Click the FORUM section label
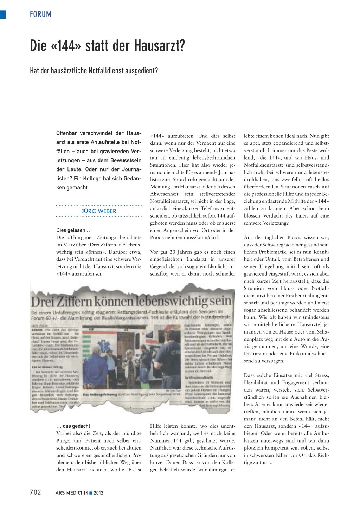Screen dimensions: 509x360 40,14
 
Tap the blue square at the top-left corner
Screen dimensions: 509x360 3,14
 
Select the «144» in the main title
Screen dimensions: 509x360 66,46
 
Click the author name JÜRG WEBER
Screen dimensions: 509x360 99,211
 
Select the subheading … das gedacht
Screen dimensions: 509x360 73,426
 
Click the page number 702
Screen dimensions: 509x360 36,492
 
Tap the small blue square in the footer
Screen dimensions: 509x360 91,493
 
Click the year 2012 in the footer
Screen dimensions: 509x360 98,493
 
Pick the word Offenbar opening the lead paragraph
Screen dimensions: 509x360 66,133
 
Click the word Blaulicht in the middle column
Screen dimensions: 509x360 214,266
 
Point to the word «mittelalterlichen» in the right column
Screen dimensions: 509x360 273,324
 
